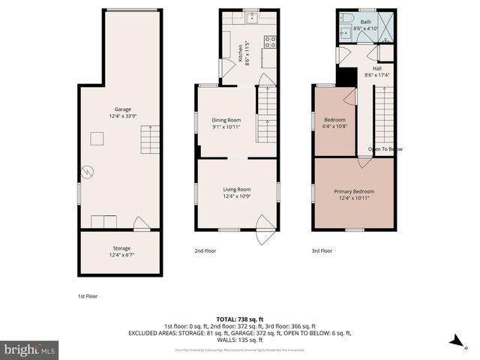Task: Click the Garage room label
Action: pos(122,109)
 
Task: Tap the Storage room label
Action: pos(121,247)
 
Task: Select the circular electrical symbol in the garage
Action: pos(87,172)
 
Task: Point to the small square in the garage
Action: pos(97,137)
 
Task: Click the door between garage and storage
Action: pos(141,223)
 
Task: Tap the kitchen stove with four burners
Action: pos(271,42)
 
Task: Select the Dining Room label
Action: pos(226,120)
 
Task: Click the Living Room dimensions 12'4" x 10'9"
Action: pos(237,196)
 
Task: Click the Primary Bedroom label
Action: pos(354,191)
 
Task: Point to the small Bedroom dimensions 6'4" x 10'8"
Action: pos(334,126)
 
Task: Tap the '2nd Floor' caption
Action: pos(205,251)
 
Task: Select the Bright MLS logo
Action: pos(30,349)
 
